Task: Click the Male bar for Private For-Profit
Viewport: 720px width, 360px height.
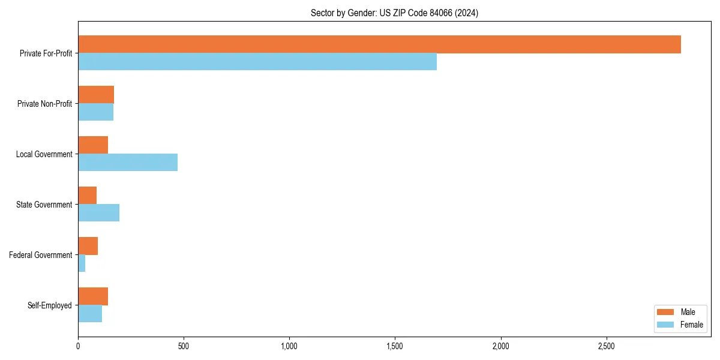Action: [379, 44]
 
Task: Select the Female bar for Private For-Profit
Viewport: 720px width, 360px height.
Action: [257, 62]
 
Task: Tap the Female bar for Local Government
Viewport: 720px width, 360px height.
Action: [128, 163]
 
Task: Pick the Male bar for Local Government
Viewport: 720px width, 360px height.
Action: [93, 145]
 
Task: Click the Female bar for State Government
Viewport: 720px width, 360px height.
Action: [98, 213]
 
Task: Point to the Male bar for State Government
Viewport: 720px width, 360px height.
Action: [87, 196]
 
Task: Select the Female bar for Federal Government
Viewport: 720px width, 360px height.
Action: [82, 263]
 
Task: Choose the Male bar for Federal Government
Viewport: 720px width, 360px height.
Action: [88, 246]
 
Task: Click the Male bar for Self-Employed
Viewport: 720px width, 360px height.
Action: [93, 296]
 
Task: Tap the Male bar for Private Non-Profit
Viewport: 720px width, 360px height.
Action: [96, 95]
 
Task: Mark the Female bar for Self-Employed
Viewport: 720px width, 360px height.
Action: [90, 314]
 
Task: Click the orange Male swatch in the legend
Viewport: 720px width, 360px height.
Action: [666, 312]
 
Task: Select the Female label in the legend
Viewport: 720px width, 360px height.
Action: [692, 325]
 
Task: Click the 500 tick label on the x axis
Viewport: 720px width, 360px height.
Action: [184, 346]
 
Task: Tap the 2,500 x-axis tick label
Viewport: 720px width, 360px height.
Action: [606, 346]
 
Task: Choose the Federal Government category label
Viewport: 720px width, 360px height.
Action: [40, 255]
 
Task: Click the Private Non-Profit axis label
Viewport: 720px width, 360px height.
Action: [44, 104]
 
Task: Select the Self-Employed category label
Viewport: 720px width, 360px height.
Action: [49, 305]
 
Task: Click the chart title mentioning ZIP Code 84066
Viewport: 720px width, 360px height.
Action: [394, 13]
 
